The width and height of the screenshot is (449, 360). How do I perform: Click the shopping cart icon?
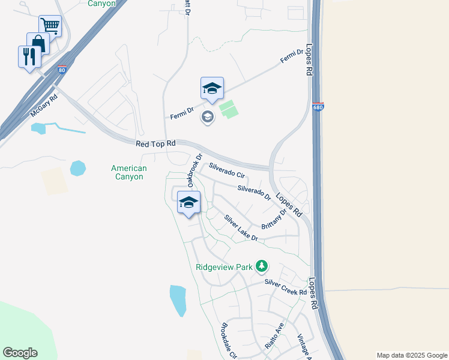(50, 26)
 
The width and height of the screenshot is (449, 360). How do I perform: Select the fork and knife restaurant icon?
(29, 56)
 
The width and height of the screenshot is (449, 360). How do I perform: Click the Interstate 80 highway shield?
(62, 70)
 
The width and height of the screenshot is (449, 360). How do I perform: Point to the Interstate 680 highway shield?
(318, 107)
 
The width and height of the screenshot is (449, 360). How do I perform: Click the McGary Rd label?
(43, 106)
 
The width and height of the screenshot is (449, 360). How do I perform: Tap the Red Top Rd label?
(155, 143)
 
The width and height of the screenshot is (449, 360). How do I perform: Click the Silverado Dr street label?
(255, 193)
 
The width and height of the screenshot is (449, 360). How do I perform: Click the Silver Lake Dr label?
(241, 228)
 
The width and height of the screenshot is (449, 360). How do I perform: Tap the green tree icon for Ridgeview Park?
(261, 265)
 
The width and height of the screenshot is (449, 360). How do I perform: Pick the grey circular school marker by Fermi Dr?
(208, 116)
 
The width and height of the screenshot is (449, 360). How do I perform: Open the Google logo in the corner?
(20, 352)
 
